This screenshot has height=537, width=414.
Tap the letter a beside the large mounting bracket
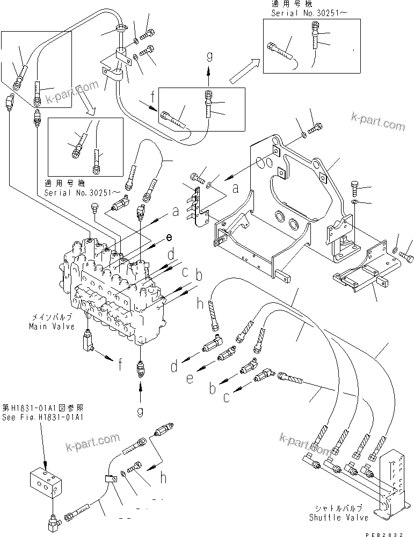[234, 189]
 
